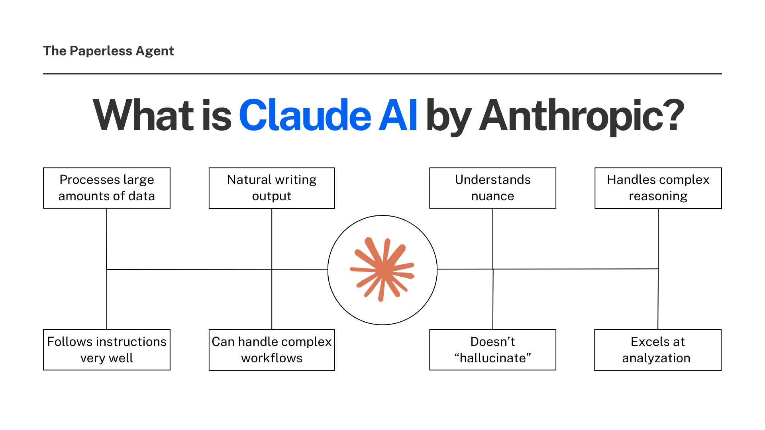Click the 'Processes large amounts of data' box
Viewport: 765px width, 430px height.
click(107, 188)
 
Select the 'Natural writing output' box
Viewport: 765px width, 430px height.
click(272, 188)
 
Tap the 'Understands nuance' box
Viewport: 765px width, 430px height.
click(492, 188)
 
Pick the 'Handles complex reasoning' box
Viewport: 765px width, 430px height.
click(658, 188)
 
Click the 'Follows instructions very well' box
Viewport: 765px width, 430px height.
click(107, 350)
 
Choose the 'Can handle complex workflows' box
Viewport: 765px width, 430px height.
click(272, 350)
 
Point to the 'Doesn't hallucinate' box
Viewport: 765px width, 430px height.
click(492, 350)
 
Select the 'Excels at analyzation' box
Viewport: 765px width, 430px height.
click(658, 350)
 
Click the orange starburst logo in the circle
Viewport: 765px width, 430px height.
click(382, 270)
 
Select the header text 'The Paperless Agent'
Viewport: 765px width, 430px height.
click(108, 51)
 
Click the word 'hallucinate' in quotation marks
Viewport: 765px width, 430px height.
click(493, 358)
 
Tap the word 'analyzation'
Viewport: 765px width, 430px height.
click(656, 358)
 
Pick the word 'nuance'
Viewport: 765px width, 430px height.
click(492, 196)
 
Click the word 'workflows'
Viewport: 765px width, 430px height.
click(272, 358)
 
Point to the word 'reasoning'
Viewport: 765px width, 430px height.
click(658, 196)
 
